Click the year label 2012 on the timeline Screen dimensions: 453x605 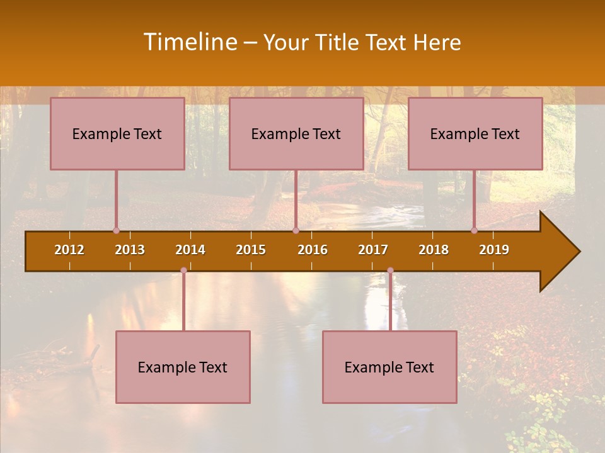click(x=69, y=250)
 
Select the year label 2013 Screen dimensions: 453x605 click(x=130, y=250)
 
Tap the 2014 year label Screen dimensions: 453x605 click(x=190, y=250)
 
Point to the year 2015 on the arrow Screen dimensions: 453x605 click(x=251, y=250)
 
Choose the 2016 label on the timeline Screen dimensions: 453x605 click(x=313, y=250)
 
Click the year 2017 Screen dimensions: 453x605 click(x=373, y=250)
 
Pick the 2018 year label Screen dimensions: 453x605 click(x=434, y=250)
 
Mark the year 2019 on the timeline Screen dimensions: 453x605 click(x=494, y=250)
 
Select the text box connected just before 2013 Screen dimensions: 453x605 click(x=117, y=133)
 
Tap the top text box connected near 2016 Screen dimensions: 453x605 click(x=296, y=133)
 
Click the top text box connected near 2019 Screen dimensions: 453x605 click(x=475, y=133)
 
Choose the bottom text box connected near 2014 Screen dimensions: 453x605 click(x=183, y=367)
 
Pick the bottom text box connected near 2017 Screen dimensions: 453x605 click(x=389, y=367)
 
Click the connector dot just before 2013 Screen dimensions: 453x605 click(x=116, y=231)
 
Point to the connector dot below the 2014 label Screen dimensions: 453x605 click(x=183, y=271)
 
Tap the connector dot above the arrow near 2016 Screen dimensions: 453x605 click(x=296, y=231)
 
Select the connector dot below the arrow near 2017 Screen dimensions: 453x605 click(x=390, y=271)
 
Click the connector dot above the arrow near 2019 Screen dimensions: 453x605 click(x=474, y=231)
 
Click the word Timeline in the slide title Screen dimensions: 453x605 click(x=190, y=42)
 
